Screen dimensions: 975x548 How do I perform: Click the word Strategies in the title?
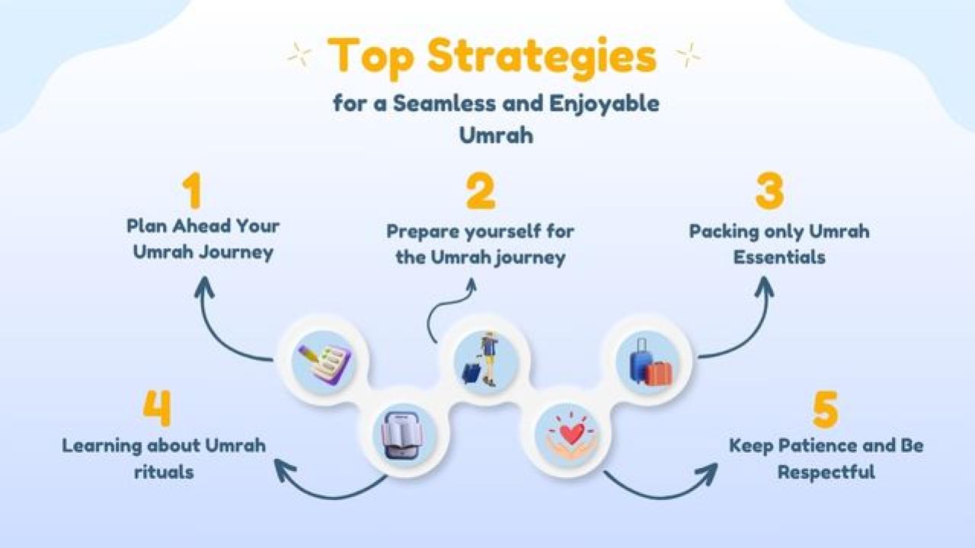(542, 58)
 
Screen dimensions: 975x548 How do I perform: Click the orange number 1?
(192, 190)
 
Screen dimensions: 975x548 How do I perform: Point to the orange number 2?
(481, 191)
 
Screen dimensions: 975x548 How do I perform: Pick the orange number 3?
(769, 190)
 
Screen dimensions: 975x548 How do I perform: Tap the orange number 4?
(157, 407)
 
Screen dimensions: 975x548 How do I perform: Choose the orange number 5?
(825, 409)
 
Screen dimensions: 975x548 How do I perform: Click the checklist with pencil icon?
(324, 364)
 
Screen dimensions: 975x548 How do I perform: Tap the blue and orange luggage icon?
(651, 362)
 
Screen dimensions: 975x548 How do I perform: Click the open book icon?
(402, 436)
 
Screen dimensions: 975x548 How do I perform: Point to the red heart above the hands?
(572, 433)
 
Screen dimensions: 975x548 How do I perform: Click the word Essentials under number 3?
(779, 257)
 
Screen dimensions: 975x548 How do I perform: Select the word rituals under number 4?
(164, 472)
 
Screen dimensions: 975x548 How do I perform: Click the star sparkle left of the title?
(299, 56)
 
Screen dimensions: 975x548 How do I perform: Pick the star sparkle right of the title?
(688, 56)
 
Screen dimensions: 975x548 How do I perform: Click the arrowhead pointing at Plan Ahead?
(204, 287)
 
